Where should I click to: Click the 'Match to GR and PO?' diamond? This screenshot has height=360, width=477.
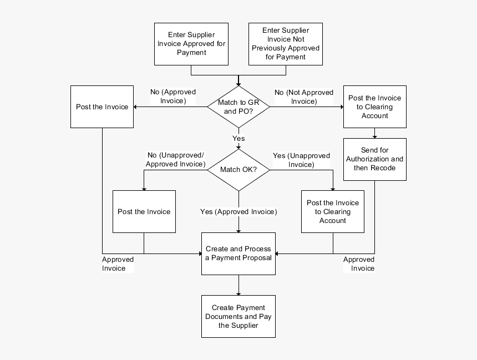[238, 107]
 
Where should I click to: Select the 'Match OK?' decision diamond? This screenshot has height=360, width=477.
[238, 170]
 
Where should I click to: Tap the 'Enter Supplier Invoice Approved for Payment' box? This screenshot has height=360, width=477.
[191, 44]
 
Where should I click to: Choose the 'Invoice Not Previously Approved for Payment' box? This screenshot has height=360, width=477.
[286, 44]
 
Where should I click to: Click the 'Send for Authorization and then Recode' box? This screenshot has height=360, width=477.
[374, 159]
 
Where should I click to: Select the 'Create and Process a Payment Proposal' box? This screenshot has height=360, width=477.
[238, 253]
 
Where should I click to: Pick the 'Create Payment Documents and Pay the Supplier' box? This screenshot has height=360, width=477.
[238, 316]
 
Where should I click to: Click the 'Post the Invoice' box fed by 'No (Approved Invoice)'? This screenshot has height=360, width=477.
[102, 107]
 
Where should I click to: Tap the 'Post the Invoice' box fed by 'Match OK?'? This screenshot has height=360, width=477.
[144, 211]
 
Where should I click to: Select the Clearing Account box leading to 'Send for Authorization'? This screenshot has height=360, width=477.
[374, 107]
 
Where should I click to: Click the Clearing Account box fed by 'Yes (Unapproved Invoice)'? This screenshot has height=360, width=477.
[333, 211]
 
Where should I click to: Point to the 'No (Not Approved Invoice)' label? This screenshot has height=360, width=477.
[304, 97]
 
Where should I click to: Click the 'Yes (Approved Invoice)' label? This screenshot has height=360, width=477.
[238, 212]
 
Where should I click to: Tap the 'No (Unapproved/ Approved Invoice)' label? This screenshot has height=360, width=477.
[175, 160]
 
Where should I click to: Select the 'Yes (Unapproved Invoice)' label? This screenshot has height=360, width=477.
[301, 160]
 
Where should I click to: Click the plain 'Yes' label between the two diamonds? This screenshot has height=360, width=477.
[238, 139]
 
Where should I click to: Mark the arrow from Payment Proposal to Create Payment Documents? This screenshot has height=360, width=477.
[238, 285]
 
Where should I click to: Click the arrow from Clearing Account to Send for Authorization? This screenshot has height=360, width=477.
[374, 133]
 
